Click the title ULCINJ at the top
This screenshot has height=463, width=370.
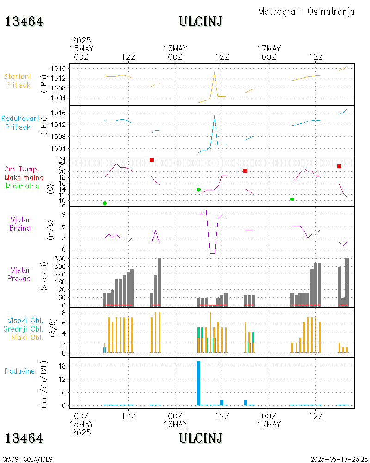[x=200, y=21]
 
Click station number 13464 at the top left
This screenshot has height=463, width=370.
[x=25, y=21]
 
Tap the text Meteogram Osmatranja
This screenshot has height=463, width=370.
[x=306, y=12]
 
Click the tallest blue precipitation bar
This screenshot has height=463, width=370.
[x=198, y=383]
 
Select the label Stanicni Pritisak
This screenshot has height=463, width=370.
[x=18, y=81]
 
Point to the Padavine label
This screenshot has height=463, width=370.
[x=19, y=371]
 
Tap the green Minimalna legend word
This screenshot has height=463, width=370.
[x=23, y=186]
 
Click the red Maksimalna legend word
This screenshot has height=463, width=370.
[x=24, y=177]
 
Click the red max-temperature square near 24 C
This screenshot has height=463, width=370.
[x=152, y=160]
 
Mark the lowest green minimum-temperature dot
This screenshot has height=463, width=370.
[x=105, y=203]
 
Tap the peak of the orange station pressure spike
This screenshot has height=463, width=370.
[x=214, y=72]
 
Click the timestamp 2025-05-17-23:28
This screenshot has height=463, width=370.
[x=339, y=459]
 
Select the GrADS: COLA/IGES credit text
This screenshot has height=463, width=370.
[x=27, y=459]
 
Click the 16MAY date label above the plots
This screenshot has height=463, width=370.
[x=175, y=49]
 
